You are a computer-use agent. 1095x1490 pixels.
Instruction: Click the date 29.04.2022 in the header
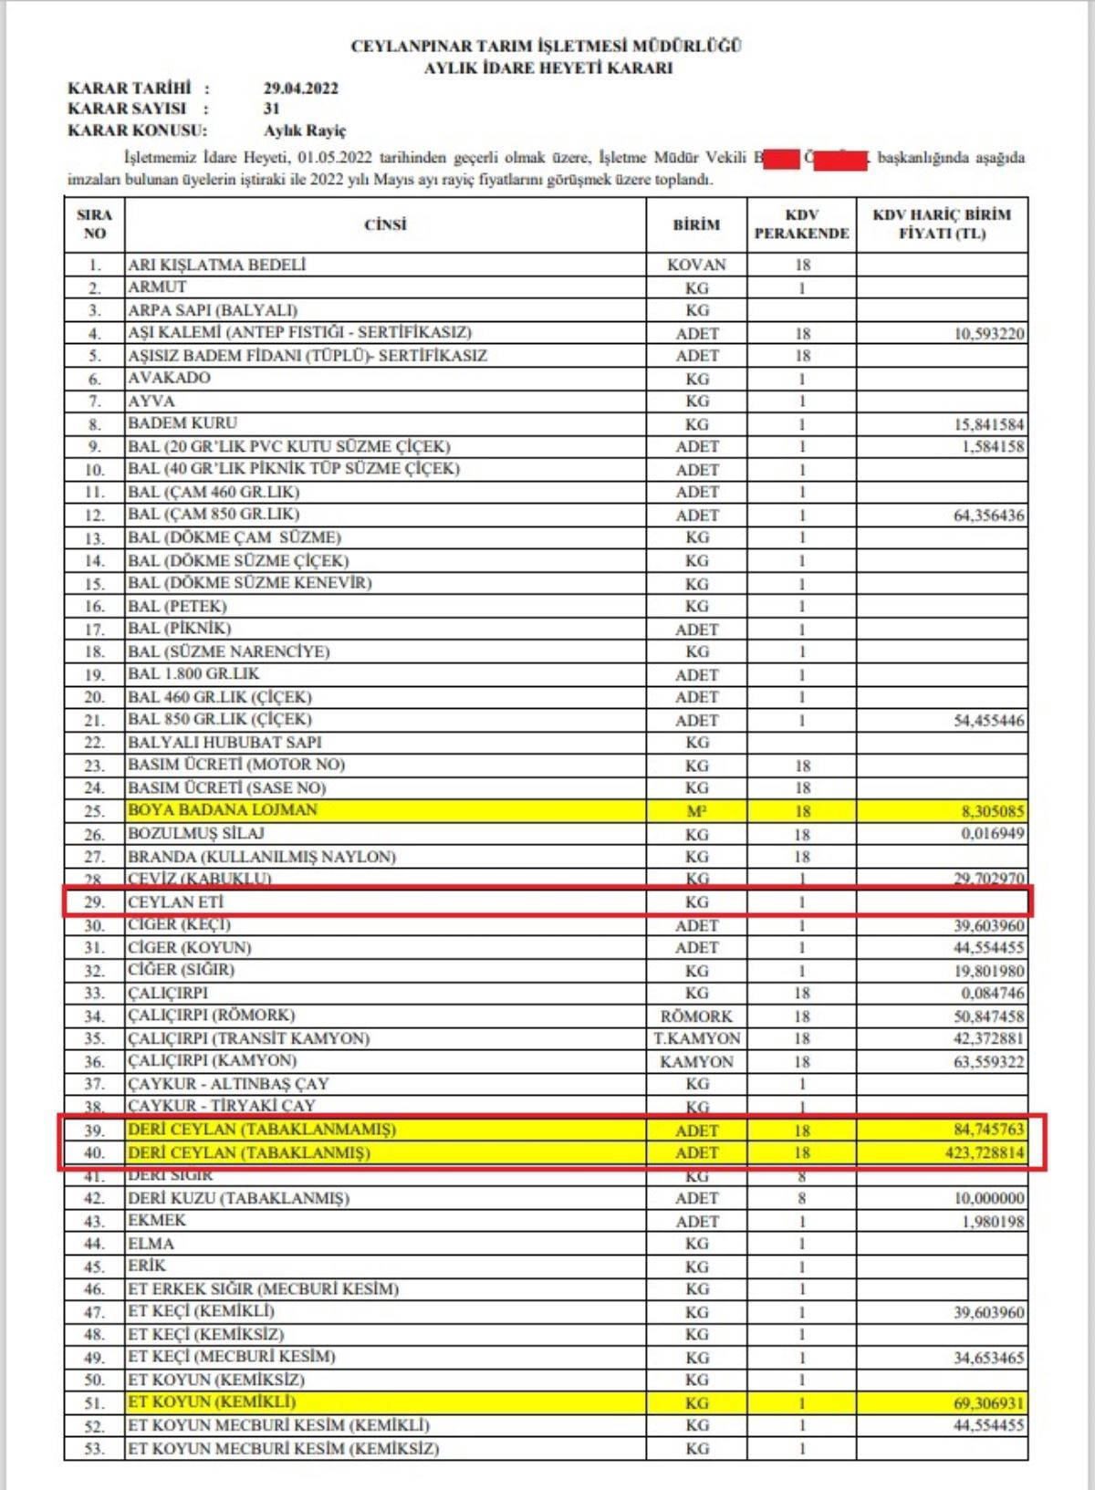click(300, 89)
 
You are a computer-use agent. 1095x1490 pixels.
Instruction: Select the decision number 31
click(272, 109)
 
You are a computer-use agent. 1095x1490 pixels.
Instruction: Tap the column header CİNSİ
click(385, 225)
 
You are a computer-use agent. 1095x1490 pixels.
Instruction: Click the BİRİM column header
click(696, 225)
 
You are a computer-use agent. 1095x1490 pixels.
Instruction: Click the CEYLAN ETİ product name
click(176, 902)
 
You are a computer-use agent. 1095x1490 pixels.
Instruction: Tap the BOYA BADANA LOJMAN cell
click(223, 810)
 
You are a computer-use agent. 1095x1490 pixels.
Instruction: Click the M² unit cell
click(696, 811)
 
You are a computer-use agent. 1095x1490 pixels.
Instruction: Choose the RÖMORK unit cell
click(696, 1016)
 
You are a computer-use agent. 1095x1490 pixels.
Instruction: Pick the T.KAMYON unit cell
click(696, 1039)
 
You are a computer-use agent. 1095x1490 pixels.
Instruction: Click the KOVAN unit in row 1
click(696, 265)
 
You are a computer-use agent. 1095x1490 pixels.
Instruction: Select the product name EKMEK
click(157, 1221)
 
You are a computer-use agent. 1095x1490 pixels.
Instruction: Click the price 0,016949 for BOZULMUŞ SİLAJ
click(989, 834)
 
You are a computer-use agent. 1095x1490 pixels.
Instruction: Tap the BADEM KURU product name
click(182, 423)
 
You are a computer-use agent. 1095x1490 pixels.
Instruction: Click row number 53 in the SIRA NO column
click(94, 1449)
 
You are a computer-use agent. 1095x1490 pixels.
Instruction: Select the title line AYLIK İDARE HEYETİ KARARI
click(547, 68)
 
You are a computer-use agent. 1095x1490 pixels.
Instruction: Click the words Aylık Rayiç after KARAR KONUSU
click(305, 131)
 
